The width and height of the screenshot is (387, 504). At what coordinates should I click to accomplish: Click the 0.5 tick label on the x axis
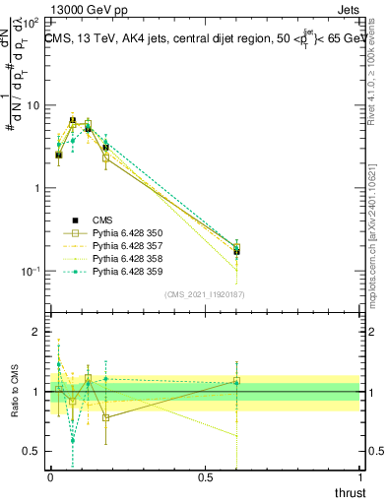tap(205, 477)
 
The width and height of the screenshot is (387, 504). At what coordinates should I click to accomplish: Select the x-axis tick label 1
tap(360, 477)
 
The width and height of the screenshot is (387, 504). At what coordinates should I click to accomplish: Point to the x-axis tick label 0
tap(49, 477)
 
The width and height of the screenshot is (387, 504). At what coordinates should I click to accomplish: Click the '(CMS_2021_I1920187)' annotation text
tap(204, 293)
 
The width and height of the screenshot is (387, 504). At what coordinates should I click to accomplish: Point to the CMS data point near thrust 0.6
tap(236, 251)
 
